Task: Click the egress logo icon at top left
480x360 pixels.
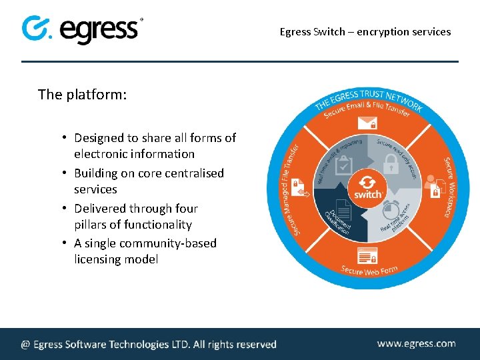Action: coord(36,29)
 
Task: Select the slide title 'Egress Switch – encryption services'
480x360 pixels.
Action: coord(365,31)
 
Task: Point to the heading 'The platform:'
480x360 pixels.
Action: coord(82,95)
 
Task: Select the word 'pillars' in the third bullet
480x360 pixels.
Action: coord(94,225)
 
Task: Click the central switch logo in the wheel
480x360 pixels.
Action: coord(367,186)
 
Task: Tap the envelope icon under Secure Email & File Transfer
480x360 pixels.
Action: coord(367,123)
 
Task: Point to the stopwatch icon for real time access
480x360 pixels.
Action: coord(392,213)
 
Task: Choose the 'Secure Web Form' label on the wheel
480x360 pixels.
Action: coord(369,269)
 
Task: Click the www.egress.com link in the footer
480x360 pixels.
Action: coord(416,343)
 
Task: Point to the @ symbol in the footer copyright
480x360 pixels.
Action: coord(25,345)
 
